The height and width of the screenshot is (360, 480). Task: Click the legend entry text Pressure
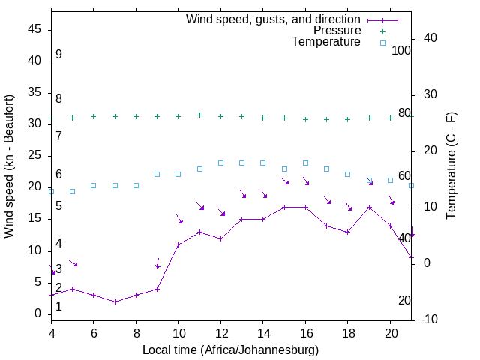(337, 31)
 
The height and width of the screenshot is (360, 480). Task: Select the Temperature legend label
(326, 43)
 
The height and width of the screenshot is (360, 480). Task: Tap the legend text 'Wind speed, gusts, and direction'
(274, 19)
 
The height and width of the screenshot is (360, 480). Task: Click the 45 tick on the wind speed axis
(34, 29)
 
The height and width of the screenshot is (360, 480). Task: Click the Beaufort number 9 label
(58, 55)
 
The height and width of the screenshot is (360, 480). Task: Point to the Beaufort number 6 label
(58, 175)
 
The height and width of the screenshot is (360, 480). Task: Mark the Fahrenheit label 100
(402, 50)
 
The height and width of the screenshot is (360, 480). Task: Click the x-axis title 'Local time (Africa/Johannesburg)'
(231, 350)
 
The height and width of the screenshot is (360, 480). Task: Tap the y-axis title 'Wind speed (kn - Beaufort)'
(9, 166)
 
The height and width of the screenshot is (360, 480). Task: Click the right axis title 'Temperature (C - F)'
(451, 166)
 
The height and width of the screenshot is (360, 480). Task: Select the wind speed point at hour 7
(115, 301)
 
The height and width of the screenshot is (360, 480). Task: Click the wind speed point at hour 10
(178, 244)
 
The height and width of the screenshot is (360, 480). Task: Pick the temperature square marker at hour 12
(220, 163)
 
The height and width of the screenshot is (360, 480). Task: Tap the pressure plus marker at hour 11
(199, 115)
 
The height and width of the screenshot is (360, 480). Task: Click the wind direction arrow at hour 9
(157, 263)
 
